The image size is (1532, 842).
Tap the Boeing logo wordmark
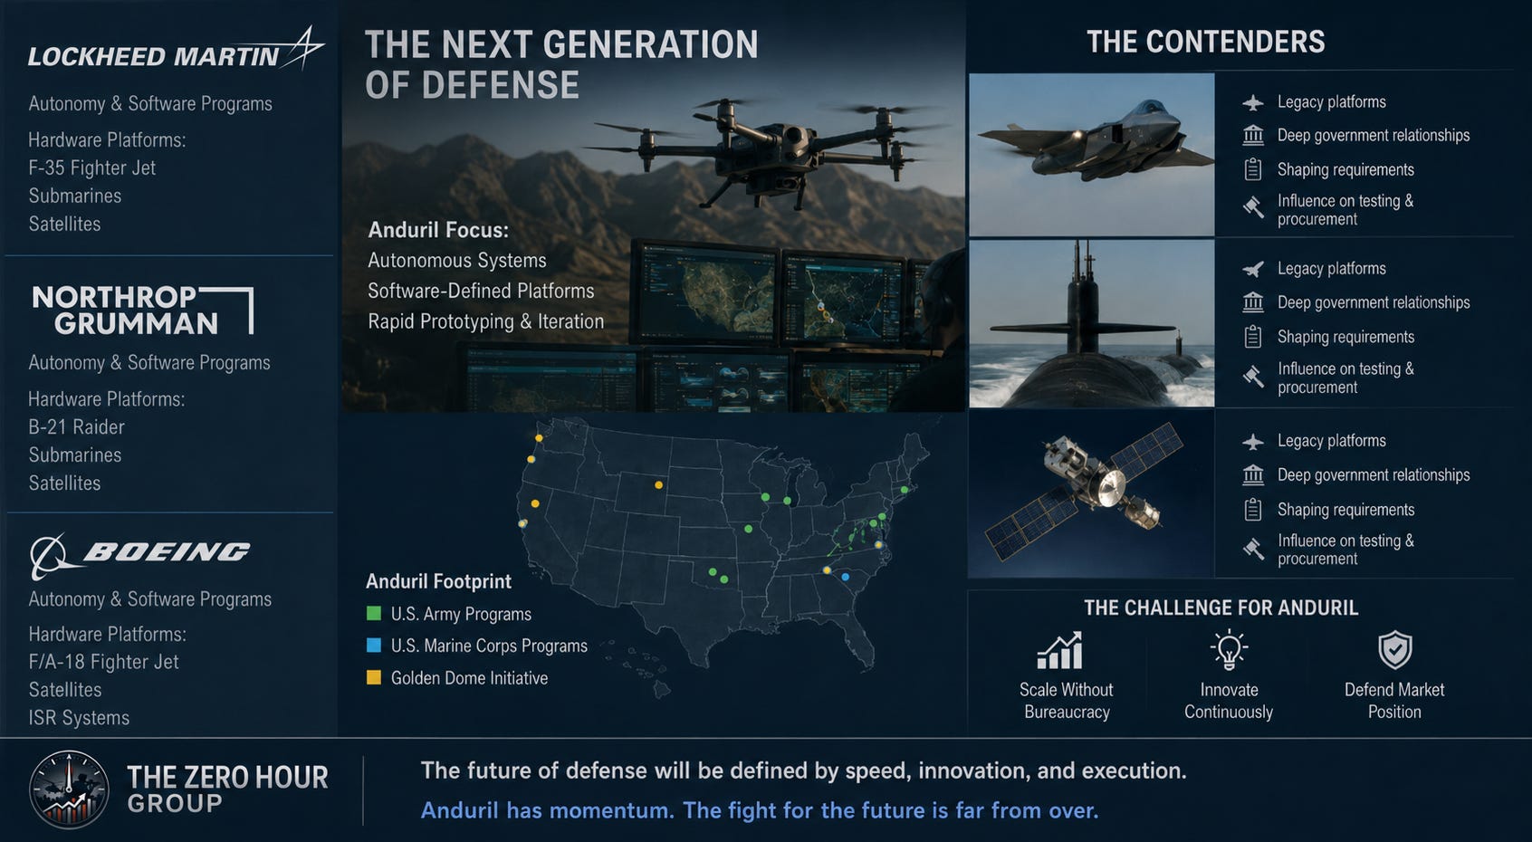(167, 551)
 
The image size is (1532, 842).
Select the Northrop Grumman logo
(142, 310)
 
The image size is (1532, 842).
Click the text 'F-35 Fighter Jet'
(91, 168)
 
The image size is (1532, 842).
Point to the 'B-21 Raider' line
(76, 427)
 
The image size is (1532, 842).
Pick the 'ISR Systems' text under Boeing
(79, 718)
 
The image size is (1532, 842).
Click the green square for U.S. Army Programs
(373, 614)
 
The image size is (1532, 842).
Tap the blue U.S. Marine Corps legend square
(373, 645)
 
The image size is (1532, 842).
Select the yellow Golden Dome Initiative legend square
(373, 677)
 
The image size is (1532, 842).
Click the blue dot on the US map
(846, 578)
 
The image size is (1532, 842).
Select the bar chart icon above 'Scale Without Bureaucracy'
(1060, 650)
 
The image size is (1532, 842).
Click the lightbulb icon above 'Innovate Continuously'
(1229, 649)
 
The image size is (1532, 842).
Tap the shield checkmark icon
(1394, 650)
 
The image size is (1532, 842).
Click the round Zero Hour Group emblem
(69, 790)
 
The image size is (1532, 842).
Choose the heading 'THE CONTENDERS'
(1206, 42)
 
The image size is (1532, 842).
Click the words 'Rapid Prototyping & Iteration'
(485, 321)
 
